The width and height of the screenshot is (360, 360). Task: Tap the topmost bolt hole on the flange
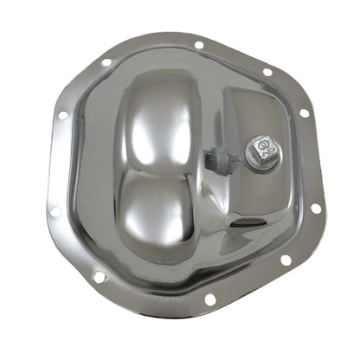click(x=199, y=45)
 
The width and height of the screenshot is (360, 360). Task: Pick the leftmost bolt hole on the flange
click(x=55, y=210)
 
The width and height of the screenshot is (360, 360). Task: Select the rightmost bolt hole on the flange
click(x=316, y=208)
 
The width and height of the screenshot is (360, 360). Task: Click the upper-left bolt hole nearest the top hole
click(x=106, y=62)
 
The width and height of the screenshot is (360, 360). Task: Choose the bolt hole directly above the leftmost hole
click(x=62, y=114)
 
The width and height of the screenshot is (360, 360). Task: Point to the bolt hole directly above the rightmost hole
click(x=304, y=112)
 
